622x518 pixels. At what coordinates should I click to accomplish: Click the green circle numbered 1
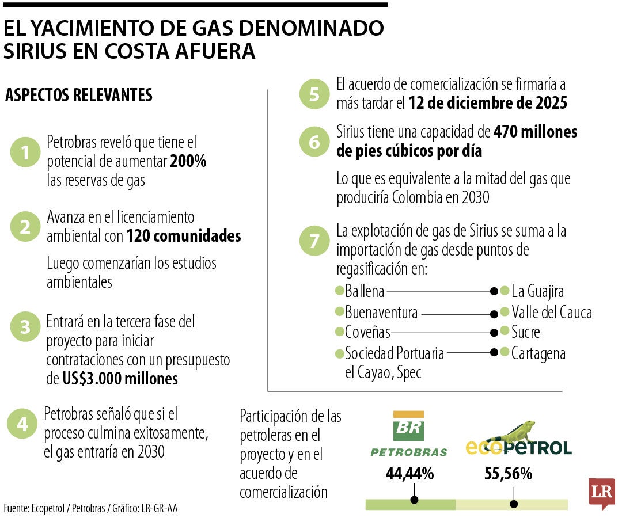pos(25,153)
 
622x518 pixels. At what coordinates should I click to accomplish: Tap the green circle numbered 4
pos(22,424)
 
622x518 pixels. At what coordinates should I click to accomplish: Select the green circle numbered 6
pos(314,142)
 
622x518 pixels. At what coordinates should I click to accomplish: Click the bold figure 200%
pos(188,161)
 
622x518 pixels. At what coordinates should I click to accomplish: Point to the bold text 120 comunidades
pos(183,236)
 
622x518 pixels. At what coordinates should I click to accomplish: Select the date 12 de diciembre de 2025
pos(488,103)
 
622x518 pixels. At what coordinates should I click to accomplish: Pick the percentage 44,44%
pos(409,474)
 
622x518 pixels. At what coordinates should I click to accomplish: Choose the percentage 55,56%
pos(508,474)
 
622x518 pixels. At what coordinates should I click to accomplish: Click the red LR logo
pos(601,493)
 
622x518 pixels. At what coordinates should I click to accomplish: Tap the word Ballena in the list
pos(364,291)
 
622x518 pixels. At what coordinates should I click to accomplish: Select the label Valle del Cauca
pos(551,313)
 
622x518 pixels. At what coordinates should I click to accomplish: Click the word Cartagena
pos(538,353)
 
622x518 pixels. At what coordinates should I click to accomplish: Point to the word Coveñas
pos(367,332)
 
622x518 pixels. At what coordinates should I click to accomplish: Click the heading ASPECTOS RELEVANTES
pos(79,95)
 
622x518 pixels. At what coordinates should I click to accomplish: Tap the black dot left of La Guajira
pos(494,291)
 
